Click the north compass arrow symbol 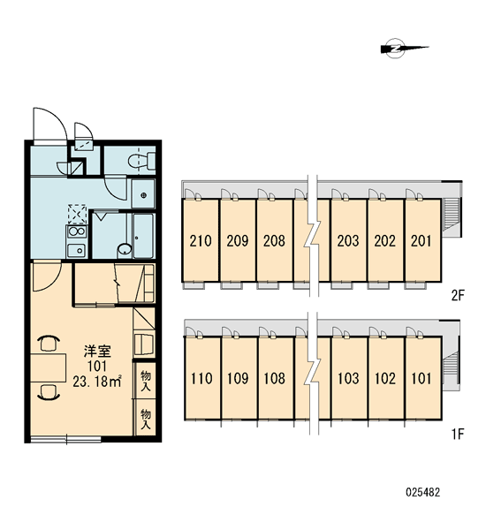click(x=405, y=48)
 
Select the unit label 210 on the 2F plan click(x=201, y=240)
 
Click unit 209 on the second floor click(x=238, y=240)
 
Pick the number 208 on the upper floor click(x=274, y=240)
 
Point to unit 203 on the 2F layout click(x=348, y=240)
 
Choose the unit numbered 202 click(x=385, y=240)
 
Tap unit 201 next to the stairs click(x=421, y=240)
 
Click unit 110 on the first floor click(x=201, y=378)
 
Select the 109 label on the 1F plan click(x=238, y=378)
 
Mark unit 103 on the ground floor click(x=348, y=378)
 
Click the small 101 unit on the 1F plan click(x=421, y=378)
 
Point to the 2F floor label click(x=459, y=296)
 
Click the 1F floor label click(x=458, y=434)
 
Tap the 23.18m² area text click(x=97, y=381)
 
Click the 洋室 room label click(x=97, y=352)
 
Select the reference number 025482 click(x=423, y=492)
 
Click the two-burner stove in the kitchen click(x=76, y=231)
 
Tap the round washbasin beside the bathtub click(x=125, y=249)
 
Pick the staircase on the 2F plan click(x=451, y=214)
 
